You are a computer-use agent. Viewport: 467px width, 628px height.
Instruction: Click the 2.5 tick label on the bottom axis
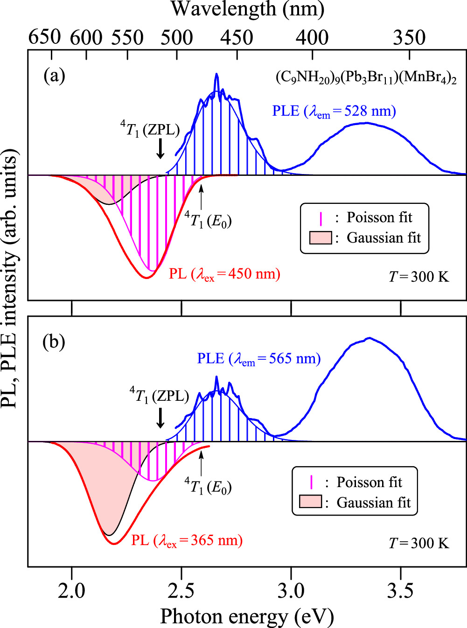click(x=181, y=591)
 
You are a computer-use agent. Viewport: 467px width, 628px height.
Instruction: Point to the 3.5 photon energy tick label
click(x=400, y=591)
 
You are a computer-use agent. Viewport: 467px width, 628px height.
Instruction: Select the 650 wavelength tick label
click(x=44, y=37)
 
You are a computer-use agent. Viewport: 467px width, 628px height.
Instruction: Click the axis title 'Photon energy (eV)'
click(x=247, y=616)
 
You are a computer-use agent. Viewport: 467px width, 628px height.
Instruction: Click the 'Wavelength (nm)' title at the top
click(x=247, y=9)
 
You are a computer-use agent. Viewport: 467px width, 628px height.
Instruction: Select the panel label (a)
click(x=54, y=75)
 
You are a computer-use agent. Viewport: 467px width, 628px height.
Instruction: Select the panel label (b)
click(x=54, y=342)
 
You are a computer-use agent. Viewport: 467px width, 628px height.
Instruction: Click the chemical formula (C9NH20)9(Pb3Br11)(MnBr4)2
click(x=366, y=77)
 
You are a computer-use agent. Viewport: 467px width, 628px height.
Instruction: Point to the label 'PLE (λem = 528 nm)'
click(x=334, y=112)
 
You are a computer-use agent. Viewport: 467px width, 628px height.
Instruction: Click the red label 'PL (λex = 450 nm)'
click(x=224, y=274)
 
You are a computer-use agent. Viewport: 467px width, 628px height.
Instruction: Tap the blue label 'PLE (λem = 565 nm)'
click(x=259, y=359)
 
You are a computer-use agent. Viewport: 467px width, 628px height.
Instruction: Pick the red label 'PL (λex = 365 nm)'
click(x=187, y=541)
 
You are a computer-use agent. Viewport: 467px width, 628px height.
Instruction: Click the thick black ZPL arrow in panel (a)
click(x=160, y=148)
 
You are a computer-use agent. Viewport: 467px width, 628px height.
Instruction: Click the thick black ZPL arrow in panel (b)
click(x=160, y=417)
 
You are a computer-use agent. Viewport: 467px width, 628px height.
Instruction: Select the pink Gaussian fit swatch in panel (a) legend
click(x=321, y=238)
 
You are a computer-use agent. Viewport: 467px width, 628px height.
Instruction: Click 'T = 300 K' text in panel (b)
click(x=419, y=544)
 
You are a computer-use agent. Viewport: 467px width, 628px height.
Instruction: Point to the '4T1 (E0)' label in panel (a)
click(x=208, y=219)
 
